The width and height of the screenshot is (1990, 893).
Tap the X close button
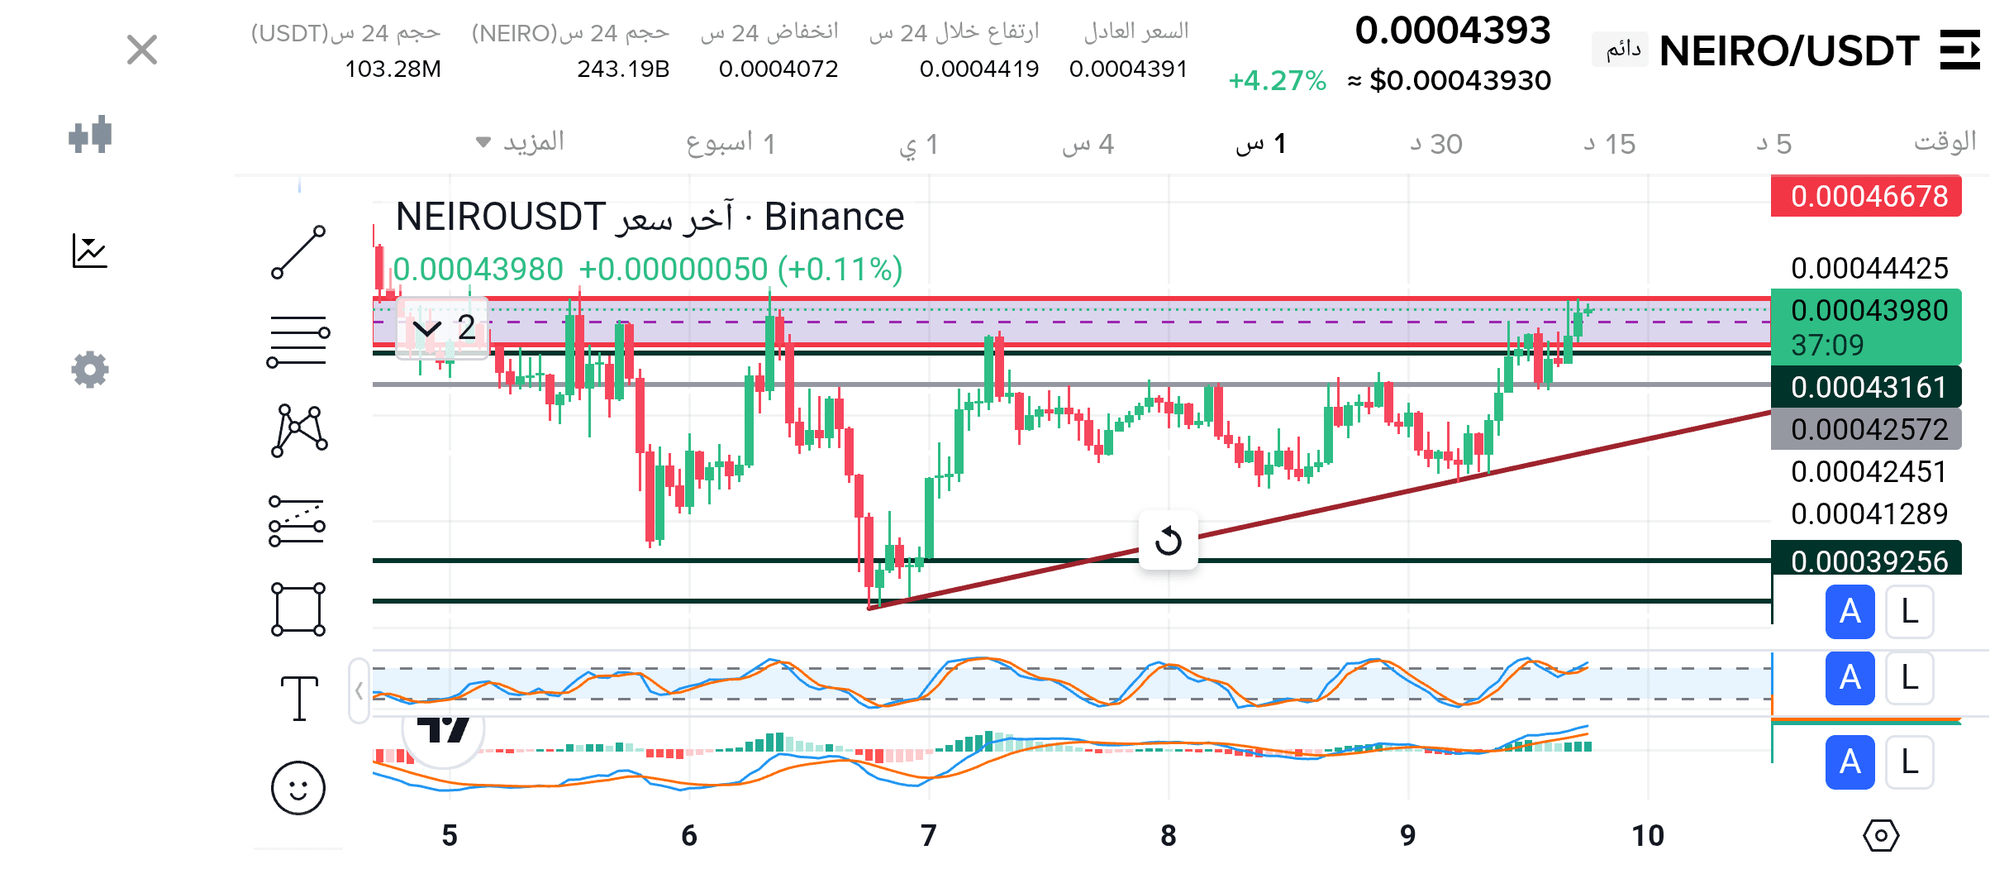tap(142, 50)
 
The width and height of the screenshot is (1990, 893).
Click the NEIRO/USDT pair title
tap(1788, 51)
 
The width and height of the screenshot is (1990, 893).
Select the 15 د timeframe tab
tap(1610, 144)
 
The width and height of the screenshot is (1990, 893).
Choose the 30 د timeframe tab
tap(1436, 144)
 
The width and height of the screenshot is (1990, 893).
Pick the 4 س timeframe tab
tap(1088, 144)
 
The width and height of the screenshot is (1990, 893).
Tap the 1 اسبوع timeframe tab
tap(731, 144)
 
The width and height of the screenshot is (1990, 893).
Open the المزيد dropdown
tap(521, 142)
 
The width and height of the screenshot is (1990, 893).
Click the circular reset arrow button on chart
tap(1168, 541)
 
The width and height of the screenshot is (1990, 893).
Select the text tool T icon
tap(298, 697)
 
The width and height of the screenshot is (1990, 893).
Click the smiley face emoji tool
tap(298, 787)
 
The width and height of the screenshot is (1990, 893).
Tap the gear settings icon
tap(90, 369)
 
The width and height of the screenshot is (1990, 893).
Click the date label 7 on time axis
tap(929, 835)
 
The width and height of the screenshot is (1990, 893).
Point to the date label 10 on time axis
tap(1647, 835)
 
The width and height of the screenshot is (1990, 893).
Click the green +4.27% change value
tap(1277, 80)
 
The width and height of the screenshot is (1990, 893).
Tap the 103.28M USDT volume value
tap(393, 69)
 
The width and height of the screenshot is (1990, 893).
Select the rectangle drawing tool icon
tap(298, 609)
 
